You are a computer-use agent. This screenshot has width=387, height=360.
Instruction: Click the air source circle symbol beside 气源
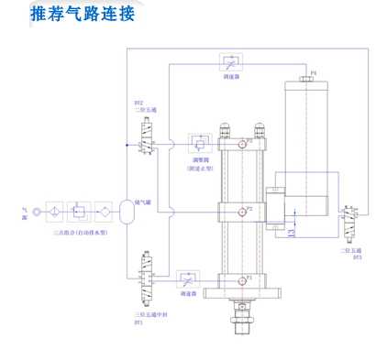[37, 210]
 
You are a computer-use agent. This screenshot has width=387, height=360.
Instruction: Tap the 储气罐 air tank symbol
[127, 210]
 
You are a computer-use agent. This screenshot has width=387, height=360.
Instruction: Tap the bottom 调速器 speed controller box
[188, 277]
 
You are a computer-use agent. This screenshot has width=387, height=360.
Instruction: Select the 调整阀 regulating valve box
[199, 144]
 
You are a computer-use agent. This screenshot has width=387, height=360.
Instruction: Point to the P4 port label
[313, 72]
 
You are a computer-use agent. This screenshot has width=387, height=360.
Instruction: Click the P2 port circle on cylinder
[240, 210]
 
